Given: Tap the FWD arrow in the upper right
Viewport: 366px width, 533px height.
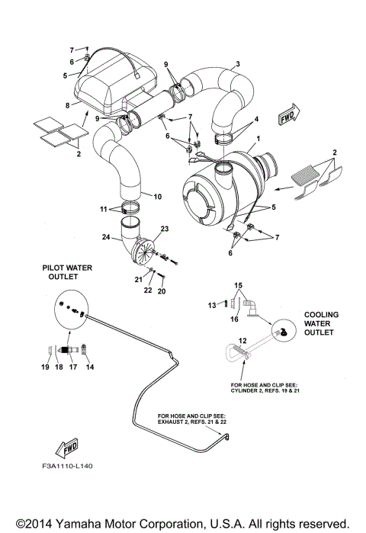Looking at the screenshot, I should [288, 117].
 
